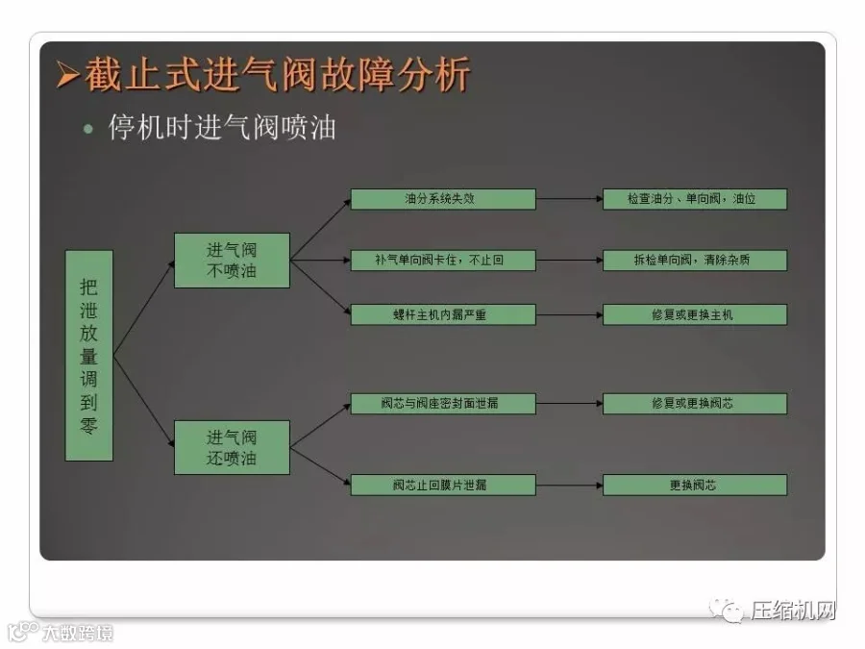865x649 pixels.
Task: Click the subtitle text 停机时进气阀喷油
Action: (x=222, y=128)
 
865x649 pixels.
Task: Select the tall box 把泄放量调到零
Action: (x=89, y=356)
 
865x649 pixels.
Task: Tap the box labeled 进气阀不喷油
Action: (x=232, y=260)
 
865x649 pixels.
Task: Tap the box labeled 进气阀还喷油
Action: (x=232, y=447)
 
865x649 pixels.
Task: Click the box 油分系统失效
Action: (x=442, y=199)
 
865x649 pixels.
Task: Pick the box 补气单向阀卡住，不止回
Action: (x=442, y=260)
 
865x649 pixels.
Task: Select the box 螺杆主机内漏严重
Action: (x=442, y=314)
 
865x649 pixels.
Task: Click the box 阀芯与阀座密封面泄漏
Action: (x=442, y=404)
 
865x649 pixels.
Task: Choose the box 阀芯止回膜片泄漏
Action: (x=442, y=485)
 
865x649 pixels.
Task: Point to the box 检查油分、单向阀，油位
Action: (x=694, y=199)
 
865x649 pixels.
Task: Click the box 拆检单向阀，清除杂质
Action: (x=694, y=260)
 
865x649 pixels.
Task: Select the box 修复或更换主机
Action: (x=694, y=314)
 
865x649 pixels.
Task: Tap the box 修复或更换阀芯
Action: (x=694, y=404)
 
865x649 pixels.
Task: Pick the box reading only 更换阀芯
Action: (x=694, y=485)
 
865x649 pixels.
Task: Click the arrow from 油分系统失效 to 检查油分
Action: (x=569, y=199)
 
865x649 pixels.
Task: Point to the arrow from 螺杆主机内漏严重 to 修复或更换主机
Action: (x=569, y=314)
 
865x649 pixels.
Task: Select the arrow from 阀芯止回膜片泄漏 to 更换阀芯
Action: (x=569, y=485)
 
